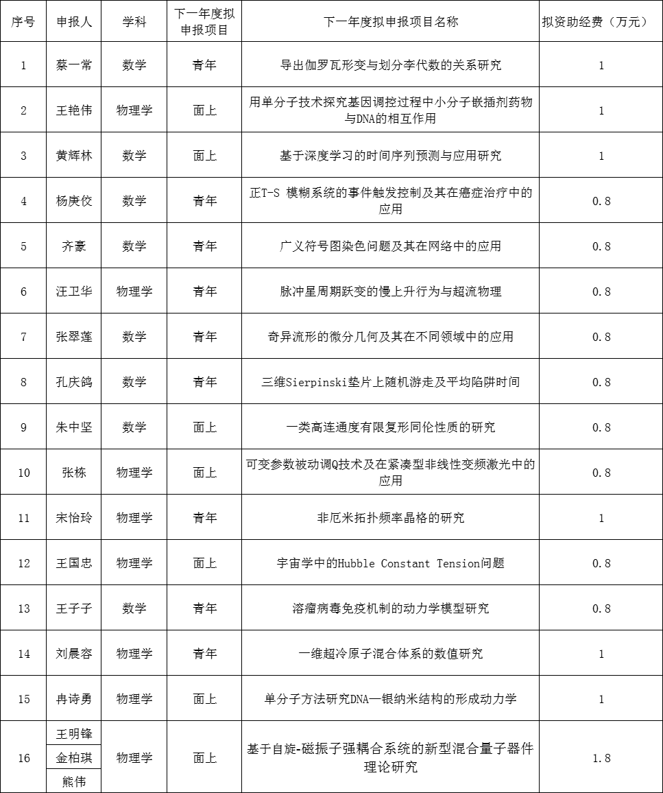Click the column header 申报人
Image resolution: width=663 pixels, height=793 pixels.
[x=74, y=21]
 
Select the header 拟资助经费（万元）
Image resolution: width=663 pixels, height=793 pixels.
[x=601, y=21]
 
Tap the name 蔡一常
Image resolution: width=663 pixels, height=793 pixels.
[x=74, y=65]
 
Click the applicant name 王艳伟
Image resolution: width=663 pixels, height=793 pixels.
[x=74, y=110]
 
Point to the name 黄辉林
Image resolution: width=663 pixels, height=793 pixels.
[x=74, y=156]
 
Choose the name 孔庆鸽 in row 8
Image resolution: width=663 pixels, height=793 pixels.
[x=74, y=382]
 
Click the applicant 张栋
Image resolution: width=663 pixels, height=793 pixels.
[x=74, y=473]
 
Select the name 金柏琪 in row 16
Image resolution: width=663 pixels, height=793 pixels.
[x=74, y=758]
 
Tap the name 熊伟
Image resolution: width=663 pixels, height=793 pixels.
[x=74, y=781]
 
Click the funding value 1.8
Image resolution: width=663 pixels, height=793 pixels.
[x=601, y=758]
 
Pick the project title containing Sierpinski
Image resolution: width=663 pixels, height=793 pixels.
[x=390, y=382]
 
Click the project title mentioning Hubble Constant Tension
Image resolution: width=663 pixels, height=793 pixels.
[x=390, y=563]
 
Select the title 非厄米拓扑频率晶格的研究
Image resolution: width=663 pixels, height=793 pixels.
[x=390, y=518]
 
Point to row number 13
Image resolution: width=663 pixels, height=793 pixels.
[x=24, y=608]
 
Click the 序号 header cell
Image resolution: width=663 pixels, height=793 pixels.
[x=24, y=21]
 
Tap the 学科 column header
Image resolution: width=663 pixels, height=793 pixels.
[x=134, y=21]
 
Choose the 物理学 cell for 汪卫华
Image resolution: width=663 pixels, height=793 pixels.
[x=134, y=292]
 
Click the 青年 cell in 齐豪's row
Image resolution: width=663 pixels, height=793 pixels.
[x=204, y=246]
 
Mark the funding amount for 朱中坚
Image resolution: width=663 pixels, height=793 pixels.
[x=601, y=427]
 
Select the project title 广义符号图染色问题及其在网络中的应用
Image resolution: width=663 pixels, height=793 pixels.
[x=390, y=246]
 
